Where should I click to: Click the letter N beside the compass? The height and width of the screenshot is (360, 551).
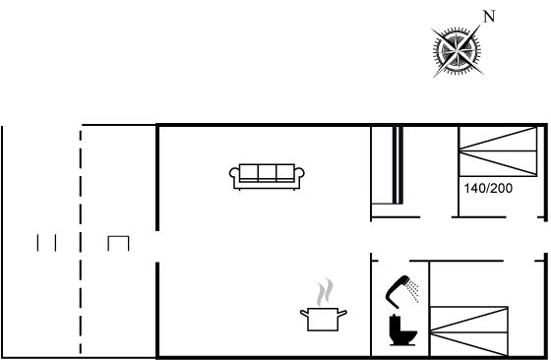pyautogui.click(x=489, y=17)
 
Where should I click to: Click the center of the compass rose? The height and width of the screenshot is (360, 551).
pyautogui.click(x=457, y=52)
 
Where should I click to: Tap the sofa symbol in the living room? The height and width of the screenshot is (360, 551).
pyautogui.click(x=267, y=177)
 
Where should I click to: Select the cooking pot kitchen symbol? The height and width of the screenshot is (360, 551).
pyautogui.click(x=324, y=319)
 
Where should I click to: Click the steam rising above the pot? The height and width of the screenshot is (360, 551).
pyautogui.click(x=325, y=292)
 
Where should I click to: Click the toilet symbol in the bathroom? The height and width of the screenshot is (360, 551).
pyautogui.click(x=402, y=330)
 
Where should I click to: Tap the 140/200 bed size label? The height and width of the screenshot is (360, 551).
pyautogui.click(x=488, y=189)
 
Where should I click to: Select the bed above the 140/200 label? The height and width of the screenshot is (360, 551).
pyautogui.click(x=498, y=151)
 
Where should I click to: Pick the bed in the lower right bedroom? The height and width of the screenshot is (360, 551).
pyautogui.click(x=469, y=331)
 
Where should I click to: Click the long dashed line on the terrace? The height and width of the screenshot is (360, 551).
pyautogui.click(x=81, y=242)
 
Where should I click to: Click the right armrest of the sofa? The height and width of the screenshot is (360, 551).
pyautogui.click(x=300, y=174)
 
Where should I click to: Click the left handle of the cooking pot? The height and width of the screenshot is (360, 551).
pyautogui.click(x=304, y=313)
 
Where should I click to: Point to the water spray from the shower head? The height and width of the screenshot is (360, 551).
pyautogui.click(x=413, y=291)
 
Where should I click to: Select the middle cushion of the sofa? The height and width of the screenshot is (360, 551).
pyautogui.click(x=267, y=172)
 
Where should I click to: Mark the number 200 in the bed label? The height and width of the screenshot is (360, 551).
pyautogui.click(x=502, y=189)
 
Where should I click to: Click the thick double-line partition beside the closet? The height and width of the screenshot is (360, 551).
pyautogui.click(x=398, y=165)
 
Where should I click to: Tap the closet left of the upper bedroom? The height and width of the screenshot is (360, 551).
pyautogui.click(x=383, y=165)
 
